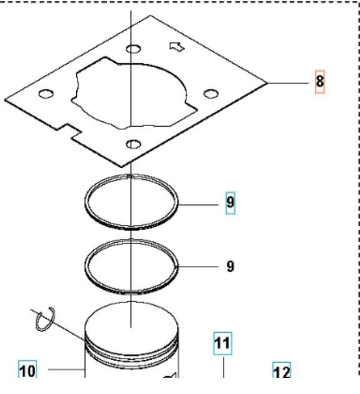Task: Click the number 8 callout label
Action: click(x=319, y=82)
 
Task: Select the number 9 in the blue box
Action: click(x=230, y=204)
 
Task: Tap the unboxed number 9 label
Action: click(x=230, y=267)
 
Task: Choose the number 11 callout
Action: click(x=222, y=343)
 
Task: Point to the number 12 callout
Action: click(x=282, y=372)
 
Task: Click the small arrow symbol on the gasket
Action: click(x=177, y=46)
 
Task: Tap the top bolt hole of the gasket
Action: click(x=132, y=49)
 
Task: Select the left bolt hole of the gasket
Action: click(x=45, y=94)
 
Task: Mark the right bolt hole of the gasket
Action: click(x=211, y=94)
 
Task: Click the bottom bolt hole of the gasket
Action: click(x=132, y=144)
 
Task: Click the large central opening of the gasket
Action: click(x=134, y=91)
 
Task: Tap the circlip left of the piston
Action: click(x=44, y=319)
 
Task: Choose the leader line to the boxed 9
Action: click(x=200, y=204)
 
